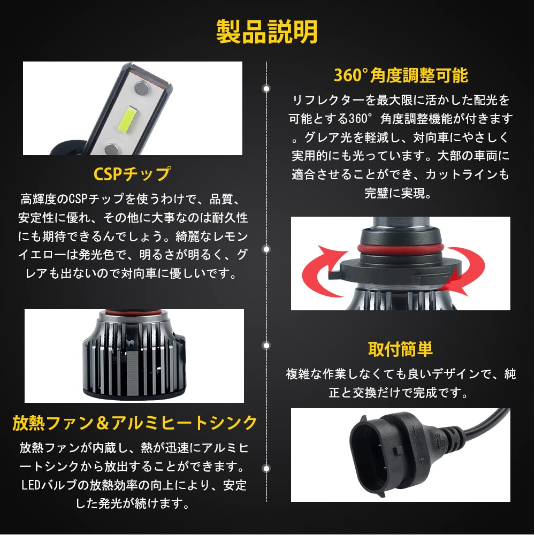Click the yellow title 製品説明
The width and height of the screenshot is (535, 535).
267,32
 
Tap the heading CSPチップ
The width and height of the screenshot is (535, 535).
132,174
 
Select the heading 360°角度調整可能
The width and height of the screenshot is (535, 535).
401,75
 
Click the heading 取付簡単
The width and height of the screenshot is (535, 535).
400,349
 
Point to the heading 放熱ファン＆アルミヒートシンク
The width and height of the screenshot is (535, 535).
134,423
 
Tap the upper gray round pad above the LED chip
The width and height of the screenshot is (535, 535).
141,88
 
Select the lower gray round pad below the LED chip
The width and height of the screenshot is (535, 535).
111,149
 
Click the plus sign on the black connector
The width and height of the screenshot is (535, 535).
421,460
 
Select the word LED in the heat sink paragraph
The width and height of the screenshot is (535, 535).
30,485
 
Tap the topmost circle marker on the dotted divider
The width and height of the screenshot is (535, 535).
266,89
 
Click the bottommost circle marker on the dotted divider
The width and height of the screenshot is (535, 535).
266,469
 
